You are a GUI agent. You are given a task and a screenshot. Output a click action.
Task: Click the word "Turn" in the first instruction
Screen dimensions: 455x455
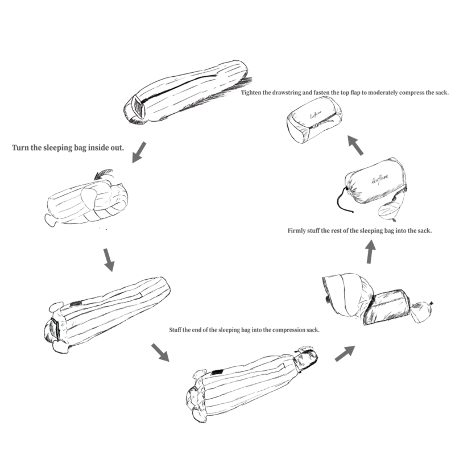coord(20,148)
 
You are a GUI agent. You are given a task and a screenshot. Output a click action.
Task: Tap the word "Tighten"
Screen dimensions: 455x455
coord(251,93)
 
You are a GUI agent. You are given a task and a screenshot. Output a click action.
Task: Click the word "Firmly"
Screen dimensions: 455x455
coord(296,231)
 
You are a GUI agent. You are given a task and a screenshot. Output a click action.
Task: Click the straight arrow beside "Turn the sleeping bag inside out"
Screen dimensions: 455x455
coord(139,152)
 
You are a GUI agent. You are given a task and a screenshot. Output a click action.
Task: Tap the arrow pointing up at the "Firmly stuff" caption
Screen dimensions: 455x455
coord(370,252)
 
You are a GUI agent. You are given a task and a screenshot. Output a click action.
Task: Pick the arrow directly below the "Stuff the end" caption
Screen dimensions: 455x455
coord(160,352)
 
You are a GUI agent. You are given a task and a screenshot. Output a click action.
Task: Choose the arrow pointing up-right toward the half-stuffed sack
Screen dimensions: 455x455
coord(345,353)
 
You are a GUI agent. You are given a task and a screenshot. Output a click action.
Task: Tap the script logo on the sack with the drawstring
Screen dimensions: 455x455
coord(380,179)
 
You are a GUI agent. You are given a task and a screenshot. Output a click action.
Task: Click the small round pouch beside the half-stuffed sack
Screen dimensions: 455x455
coord(421,312)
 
